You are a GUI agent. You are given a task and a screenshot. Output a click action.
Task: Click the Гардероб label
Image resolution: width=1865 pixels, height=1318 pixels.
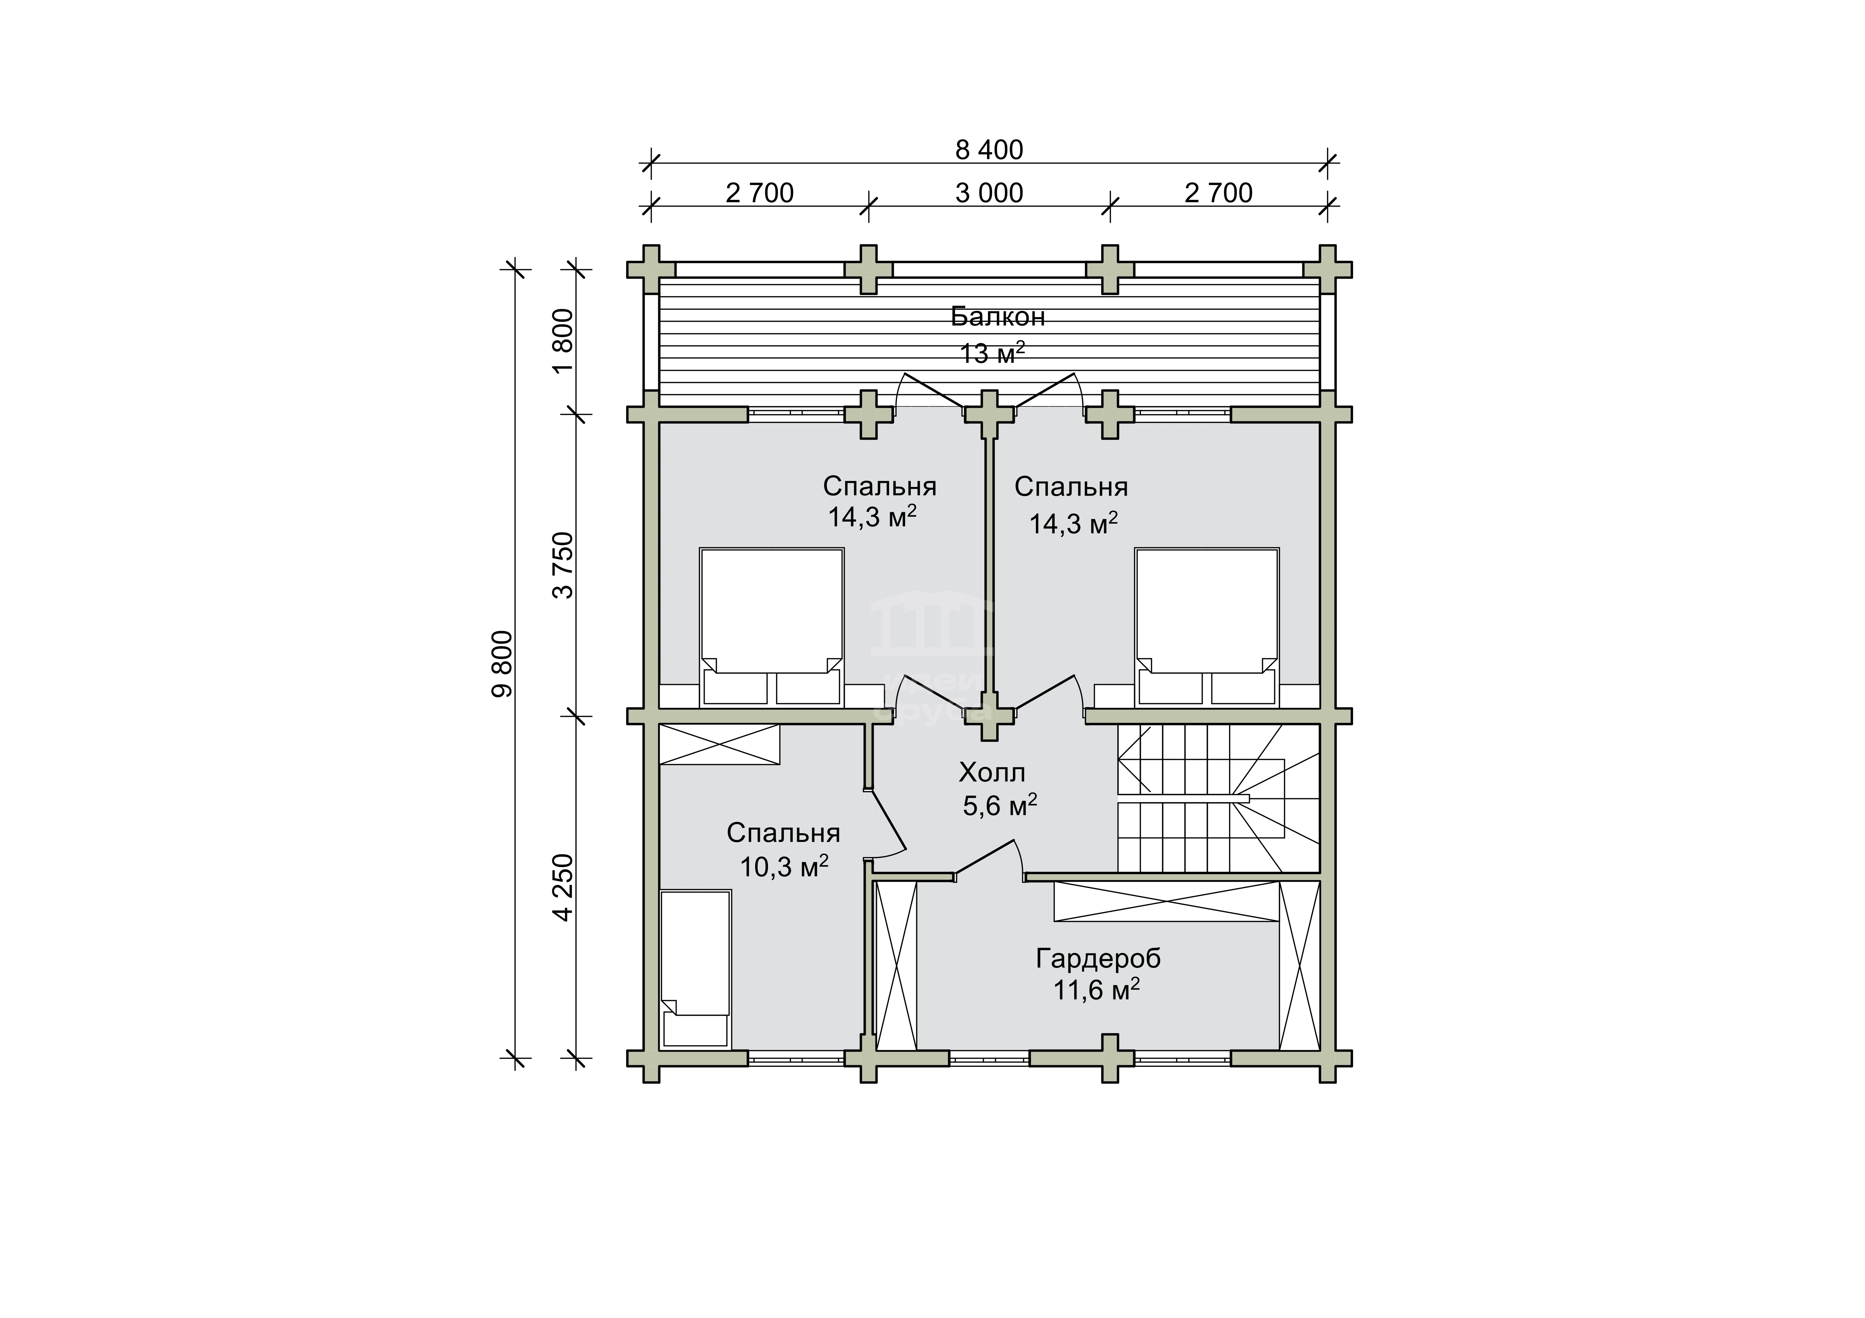1098,959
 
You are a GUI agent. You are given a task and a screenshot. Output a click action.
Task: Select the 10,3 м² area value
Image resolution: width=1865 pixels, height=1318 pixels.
784,866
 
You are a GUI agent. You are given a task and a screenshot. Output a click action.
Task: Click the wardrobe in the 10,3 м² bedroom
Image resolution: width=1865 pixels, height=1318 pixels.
719,744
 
